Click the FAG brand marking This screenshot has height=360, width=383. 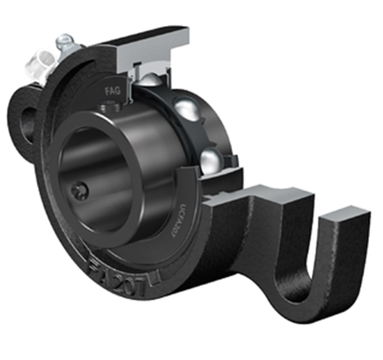click(x=113, y=91)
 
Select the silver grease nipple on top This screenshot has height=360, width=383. click(x=65, y=41)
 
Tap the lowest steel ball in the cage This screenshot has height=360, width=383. click(x=211, y=158)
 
